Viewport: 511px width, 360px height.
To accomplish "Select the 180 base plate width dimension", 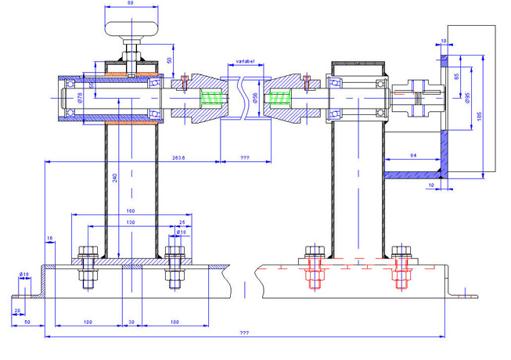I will (130, 210).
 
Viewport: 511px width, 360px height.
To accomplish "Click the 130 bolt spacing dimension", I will (130, 221).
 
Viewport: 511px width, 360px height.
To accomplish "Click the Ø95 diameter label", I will (467, 98).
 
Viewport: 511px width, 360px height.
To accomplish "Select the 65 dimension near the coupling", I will (456, 76).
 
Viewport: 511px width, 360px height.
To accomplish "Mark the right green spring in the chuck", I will (277, 99).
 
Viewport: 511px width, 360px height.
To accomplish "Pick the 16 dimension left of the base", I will (50, 237).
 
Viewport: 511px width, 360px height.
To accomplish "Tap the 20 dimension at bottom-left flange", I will (17, 310).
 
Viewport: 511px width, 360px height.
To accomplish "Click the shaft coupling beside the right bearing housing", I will (418, 99).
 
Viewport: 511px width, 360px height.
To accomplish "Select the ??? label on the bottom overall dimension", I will (244, 333).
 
